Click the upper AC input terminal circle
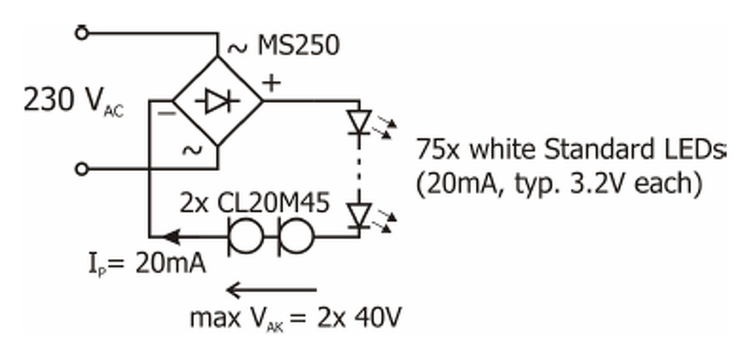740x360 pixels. pyautogui.click(x=82, y=33)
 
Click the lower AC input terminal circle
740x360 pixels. pyautogui.click(x=82, y=169)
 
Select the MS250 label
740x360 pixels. pyautogui.click(x=298, y=46)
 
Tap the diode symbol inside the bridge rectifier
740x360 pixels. pyautogui.click(x=218, y=102)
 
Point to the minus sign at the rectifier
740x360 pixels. pyautogui.click(x=167, y=113)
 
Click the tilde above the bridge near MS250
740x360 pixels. pyautogui.click(x=236, y=49)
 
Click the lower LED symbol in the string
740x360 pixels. pyautogui.click(x=358, y=216)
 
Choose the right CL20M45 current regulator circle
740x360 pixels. pyautogui.click(x=296, y=236)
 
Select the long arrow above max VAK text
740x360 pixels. pyautogui.click(x=271, y=289)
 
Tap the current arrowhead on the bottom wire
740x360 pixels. pyautogui.click(x=169, y=236)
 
